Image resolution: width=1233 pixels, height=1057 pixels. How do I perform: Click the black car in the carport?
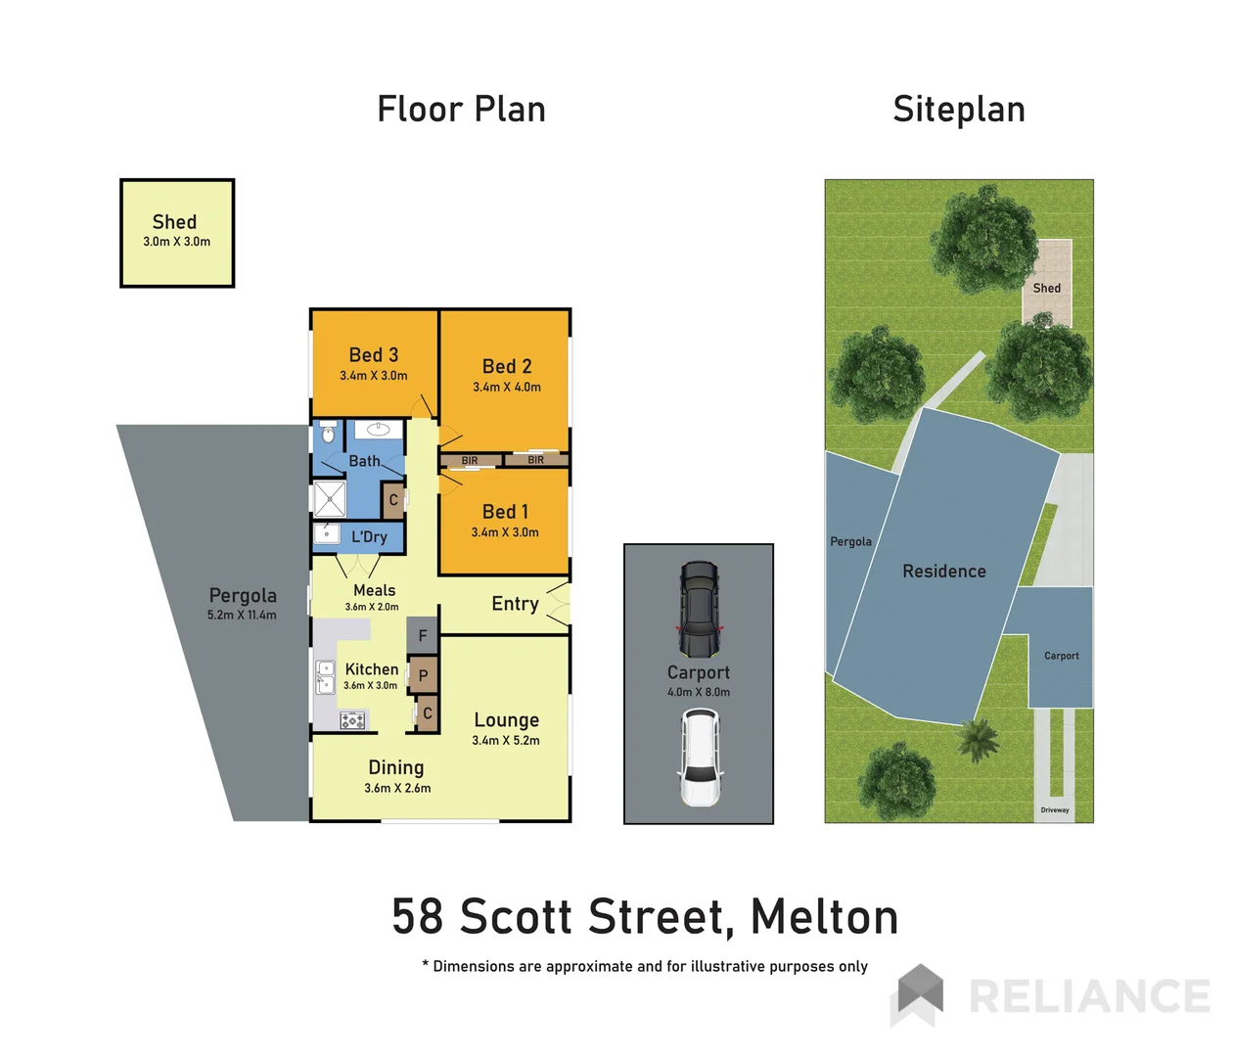pyautogui.click(x=699, y=609)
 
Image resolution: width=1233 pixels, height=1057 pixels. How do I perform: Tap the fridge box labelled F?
pyautogui.click(x=423, y=636)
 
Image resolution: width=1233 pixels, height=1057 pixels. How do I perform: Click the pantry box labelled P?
pyautogui.click(x=423, y=675)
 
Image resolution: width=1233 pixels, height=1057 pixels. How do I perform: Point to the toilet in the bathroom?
pyautogui.click(x=328, y=434)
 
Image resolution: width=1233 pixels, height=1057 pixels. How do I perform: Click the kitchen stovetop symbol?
pyautogui.click(x=352, y=721)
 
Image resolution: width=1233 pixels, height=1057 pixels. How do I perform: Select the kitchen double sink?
pyautogui.click(x=326, y=677)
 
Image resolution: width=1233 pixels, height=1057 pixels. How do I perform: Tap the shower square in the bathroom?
pyautogui.click(x=330, y=499)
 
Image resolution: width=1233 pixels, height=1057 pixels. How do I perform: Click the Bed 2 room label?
pyautogui.click(x=507, y=367)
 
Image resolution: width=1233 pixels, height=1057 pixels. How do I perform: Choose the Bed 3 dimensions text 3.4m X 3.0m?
pyautogui.click(x=374, y=376)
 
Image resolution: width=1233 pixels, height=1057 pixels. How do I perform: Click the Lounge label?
pyautogui.click(x=507, y=720)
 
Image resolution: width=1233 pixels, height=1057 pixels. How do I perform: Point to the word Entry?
pyautogui.click(x=515, y=604)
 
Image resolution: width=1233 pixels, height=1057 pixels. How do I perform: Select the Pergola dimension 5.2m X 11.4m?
pyautogui.click(x=242, y=616)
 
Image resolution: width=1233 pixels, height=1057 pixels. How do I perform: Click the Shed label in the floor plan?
pyautogui.click(x=174, y=222)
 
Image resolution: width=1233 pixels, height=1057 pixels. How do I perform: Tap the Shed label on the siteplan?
pyautogui.click(x=1046, y=288)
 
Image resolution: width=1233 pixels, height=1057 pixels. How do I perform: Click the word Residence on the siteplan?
pyautogui.click(x=944, y=572)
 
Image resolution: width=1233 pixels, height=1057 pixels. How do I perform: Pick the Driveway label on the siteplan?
pyautogui.click(x=1055, y=810)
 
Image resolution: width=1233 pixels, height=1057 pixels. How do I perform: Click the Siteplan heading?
pyautogui.click(x=959, y=110)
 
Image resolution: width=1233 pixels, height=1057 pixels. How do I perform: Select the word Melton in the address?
pyautogui.click(x=824, y=917)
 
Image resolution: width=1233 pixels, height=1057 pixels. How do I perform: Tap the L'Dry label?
pyautogui.click(x=369, y=536)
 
